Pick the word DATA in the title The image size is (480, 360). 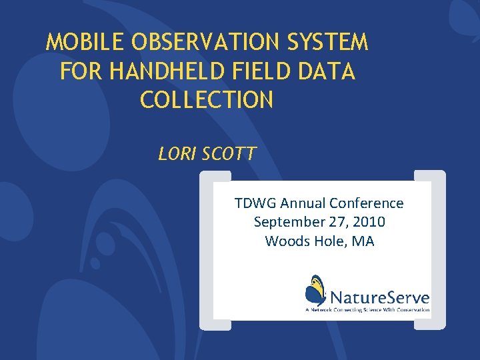(331, 72)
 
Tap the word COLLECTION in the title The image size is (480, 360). (207, 101)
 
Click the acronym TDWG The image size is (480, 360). (255, 203)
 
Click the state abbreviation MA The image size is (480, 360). (363, 241)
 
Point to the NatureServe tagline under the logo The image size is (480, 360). (367, 310)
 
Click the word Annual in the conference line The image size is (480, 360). (304, 203)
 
